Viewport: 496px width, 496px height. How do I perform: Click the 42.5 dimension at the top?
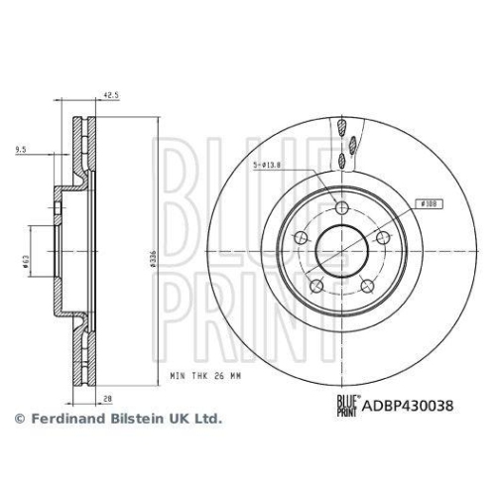111,95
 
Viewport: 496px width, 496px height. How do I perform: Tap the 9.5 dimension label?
22,149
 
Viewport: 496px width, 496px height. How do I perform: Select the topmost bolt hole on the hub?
342,207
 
